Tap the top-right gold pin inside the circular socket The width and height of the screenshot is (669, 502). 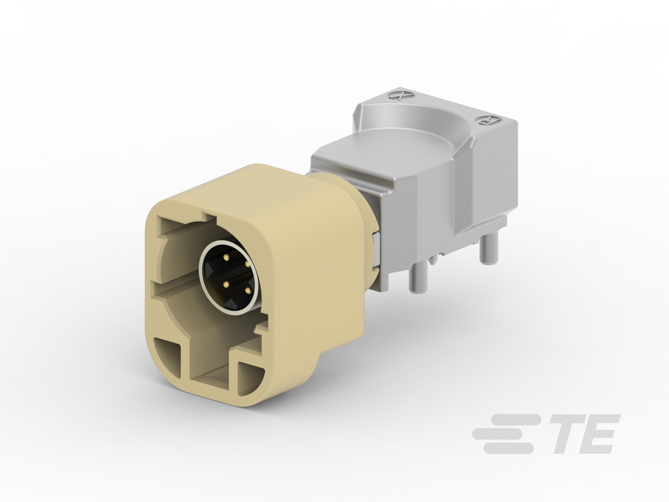point(247,264)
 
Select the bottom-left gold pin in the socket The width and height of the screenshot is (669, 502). point(226,284)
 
